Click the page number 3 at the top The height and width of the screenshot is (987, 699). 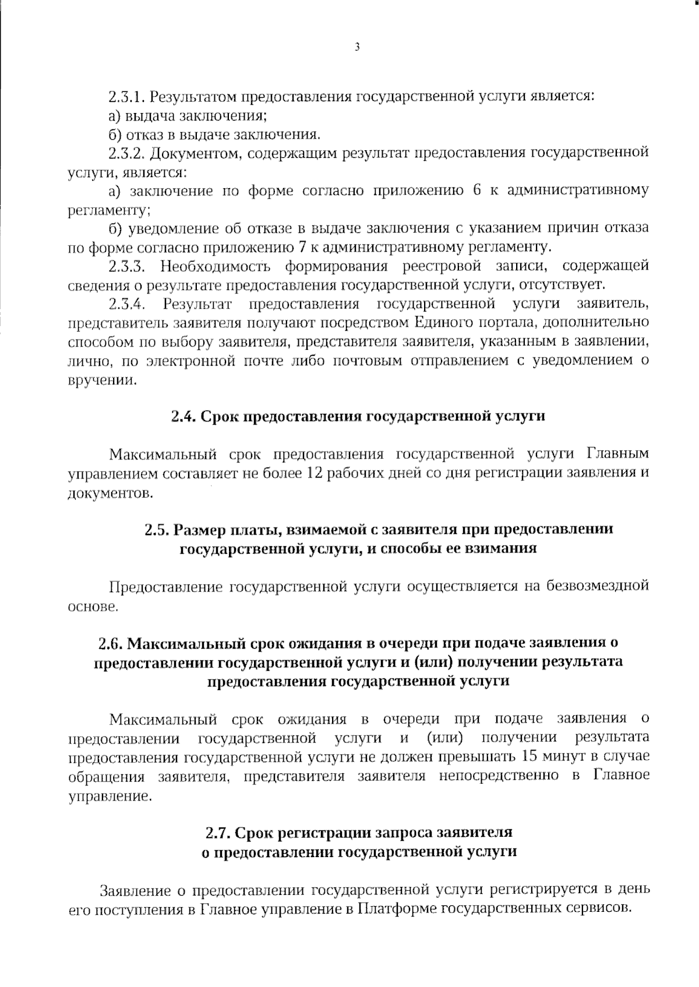[356, 47]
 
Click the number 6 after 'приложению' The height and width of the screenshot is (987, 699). [476, 190]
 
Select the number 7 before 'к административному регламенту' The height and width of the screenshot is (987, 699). [302, 247]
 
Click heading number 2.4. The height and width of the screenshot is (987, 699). [184, 416]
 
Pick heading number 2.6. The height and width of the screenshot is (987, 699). [111, 643]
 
